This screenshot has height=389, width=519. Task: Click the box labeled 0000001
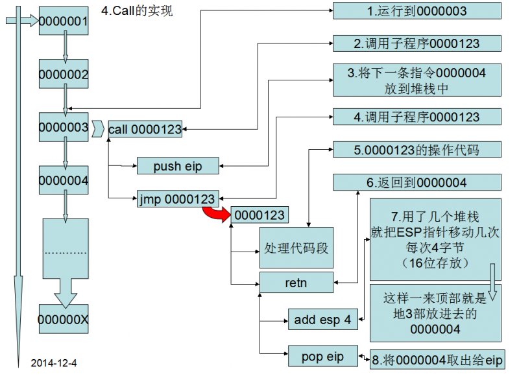pyautogui.click(x=63, y=22)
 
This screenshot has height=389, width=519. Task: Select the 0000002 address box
pyautogui.click(x=63, y=74)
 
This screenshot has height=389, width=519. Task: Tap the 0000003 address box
pyautogui.click(x=63, y=127)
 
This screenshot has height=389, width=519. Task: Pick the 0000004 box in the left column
pyautogui.click(x=63, y=180)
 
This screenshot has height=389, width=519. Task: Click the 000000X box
pyautogui.click(x=63, y=320)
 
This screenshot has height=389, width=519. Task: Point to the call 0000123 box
pyautogui.click(x=145, y=129)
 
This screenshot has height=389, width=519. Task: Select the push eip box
pyautogui.click(x=177, y=167)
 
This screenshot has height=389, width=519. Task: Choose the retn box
pyautogui.click(x=296, y=281)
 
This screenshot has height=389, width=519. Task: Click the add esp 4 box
pyautogui.click(x=322, y=319)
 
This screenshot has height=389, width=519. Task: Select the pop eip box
pyautogui.click(x=322, y=356)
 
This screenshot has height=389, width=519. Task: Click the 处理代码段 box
pyautogui.click(x=296, y=248)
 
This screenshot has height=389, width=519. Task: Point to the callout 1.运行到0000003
pyautogui.click(x=416, y=10)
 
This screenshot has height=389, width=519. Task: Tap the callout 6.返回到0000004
pyautogui.click(x=416, y=183)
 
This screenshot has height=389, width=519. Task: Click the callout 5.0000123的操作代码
pyautogui.click(x=416, y=150)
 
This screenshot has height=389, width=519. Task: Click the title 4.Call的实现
pyautogui.click(x=137, y=11)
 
